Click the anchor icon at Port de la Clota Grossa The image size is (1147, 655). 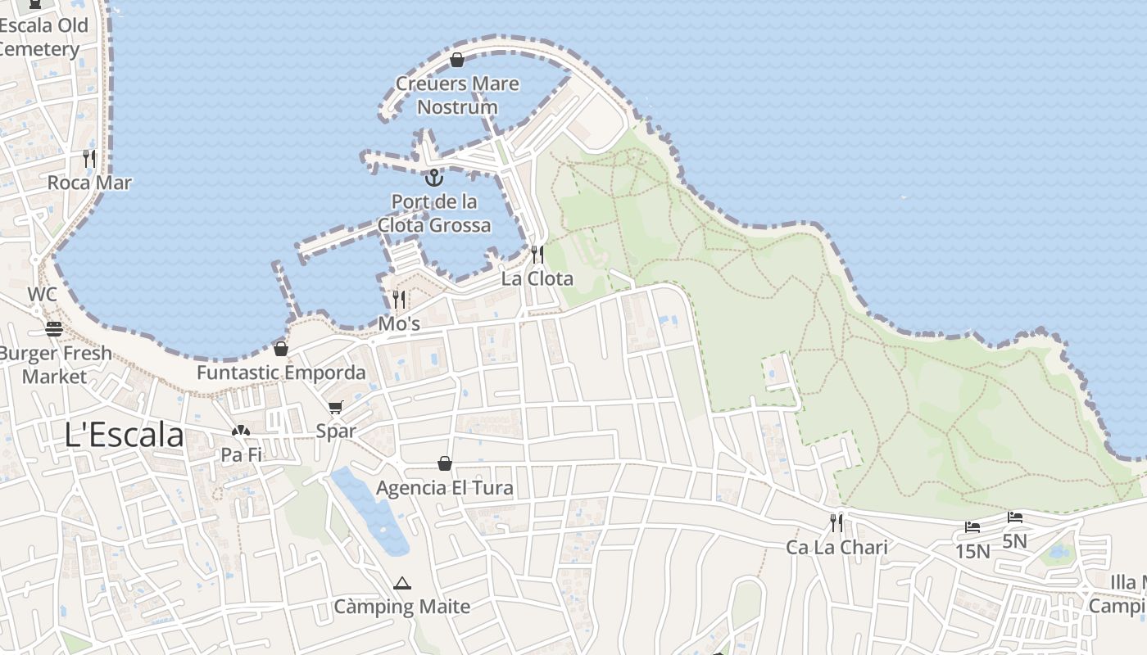point(433,178)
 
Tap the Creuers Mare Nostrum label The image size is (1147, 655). point(457,95)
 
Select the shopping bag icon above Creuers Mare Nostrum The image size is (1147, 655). point(457,60)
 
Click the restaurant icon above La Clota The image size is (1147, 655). point(537,255)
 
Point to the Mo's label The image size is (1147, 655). point(399,323)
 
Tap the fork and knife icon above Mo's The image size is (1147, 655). point(399,300)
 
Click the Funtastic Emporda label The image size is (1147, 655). point(281,373)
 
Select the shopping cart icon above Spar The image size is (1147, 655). point(336,407)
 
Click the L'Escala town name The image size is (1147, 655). point(125,435)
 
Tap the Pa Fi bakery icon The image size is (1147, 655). point(240,431)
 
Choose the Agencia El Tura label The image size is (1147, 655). point(445,488)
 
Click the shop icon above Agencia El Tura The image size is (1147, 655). point(445,464)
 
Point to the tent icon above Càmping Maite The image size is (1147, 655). point(401,584)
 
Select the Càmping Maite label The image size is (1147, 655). point(401,607)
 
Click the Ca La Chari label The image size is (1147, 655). point(836,547)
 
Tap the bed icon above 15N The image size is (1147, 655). point(972,527)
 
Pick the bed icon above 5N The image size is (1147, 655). point(1015,517)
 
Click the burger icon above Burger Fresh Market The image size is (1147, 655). point(54,329)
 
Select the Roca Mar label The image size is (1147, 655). point(89,183)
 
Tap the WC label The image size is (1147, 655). point(43,294)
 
